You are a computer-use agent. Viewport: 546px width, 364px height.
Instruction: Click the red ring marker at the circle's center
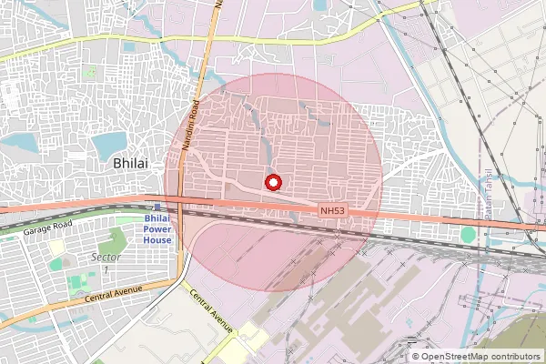(x=272, y=182)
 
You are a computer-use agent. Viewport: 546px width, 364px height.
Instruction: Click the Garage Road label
(x=49, y=229)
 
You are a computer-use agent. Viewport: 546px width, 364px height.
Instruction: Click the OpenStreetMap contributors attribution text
(x=480, y=356)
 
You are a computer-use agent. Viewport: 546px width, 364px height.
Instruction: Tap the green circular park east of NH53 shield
(x=468, y=235)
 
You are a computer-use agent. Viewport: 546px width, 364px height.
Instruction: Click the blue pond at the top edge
(x=320, y=5)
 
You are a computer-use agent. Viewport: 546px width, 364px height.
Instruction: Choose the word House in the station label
(x=158, y=240)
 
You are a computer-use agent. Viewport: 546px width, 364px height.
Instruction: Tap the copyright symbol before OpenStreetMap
(x=416, y=356)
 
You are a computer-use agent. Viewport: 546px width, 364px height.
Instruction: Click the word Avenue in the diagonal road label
(x=221, y=320)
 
